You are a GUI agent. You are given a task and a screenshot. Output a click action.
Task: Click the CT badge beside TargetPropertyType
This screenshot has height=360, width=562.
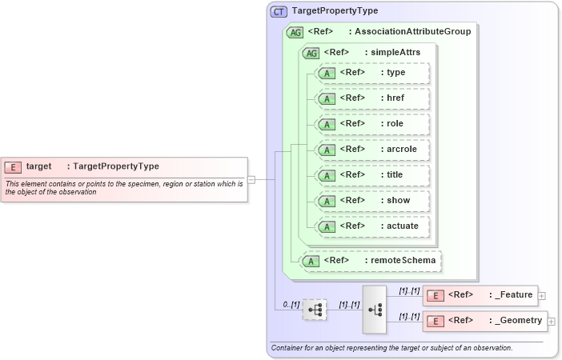(279, 12)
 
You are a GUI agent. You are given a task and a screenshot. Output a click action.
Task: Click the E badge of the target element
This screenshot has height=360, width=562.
(13, 166)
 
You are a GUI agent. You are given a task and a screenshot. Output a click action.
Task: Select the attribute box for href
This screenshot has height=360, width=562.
(373, 98)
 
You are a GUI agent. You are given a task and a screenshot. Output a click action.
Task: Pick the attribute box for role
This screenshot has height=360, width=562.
(373, 124)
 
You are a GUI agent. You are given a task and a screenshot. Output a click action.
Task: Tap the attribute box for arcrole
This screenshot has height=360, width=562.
(373, 150)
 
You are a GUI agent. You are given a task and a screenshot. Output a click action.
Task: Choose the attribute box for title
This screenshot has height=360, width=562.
(373, 175)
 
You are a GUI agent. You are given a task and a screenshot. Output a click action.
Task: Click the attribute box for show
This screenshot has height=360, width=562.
(373, 201)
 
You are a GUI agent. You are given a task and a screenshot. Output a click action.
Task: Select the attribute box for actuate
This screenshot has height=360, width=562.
(373, 226)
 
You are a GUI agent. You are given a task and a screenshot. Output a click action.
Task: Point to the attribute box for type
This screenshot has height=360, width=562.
(373, 73)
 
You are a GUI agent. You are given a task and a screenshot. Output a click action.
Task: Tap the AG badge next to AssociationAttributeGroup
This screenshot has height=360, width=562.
(295, 33)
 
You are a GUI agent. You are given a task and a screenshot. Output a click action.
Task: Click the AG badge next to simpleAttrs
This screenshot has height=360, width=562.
(310, 53)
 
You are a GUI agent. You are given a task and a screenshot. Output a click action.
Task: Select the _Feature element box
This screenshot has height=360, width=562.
(480, 296)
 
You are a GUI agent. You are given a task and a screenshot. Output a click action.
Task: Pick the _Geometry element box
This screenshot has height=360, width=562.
(484, 322)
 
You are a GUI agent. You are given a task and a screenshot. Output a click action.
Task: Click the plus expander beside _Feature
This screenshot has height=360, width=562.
(542, 296)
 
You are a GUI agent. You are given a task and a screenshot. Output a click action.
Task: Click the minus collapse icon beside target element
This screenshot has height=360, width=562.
(251, 180)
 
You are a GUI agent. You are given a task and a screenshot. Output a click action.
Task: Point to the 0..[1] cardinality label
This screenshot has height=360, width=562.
(291, 305)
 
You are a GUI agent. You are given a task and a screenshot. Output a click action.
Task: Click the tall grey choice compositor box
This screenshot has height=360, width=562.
(374, 309)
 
